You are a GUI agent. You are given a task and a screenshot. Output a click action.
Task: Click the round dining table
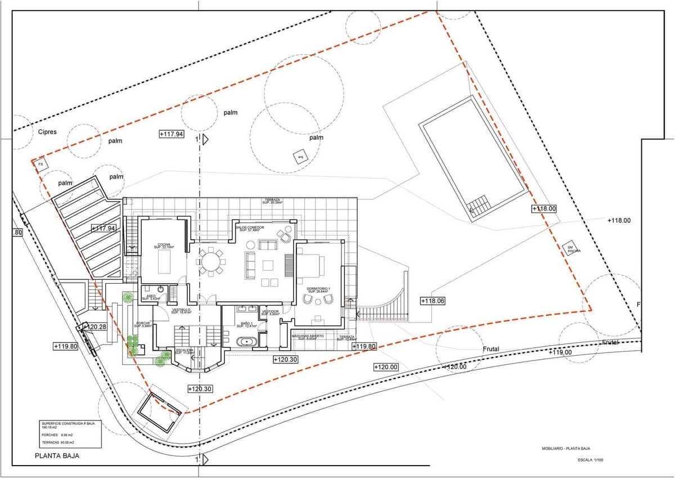211,262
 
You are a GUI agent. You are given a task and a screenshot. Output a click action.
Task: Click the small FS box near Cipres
40,164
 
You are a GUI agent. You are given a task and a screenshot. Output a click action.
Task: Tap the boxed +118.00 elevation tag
544,208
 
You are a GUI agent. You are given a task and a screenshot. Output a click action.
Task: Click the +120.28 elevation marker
95,327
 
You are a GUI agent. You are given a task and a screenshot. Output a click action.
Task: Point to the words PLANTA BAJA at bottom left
57,457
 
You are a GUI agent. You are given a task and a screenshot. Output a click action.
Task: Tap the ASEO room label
151,297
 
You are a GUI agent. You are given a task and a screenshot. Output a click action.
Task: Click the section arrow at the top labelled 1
205,139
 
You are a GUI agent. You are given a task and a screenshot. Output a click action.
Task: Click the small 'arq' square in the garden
300,157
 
